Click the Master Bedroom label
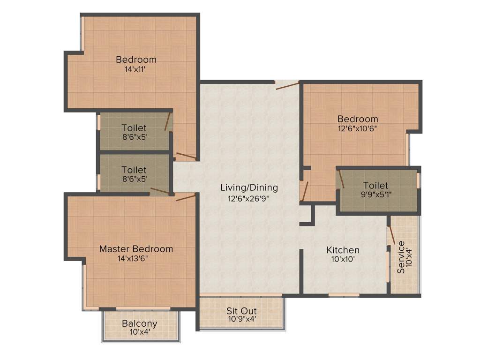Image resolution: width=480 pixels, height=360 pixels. pyautogui.click(x=136, y=249)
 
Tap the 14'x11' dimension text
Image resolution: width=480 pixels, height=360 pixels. pyautogui.click(x=136, y=68)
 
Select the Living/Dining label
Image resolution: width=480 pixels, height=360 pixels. pyautogui.click(x=249, y=187)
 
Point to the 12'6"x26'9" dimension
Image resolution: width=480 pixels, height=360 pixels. pyautogui.click(x=249, y=198)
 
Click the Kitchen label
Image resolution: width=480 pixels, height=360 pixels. pyautogui.click(x=343, y=250)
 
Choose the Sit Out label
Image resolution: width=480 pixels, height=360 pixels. pyautogui.click(x=241, y=311)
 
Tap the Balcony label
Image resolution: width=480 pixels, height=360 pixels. pyautogui.click(x=140, y=323)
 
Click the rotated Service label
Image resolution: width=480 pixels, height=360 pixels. pyautogui.click(x=401, y=257)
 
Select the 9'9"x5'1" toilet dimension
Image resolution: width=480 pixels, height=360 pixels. pyautogui.click(x=375, y=195)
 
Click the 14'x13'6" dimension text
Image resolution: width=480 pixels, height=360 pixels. pyautogui.click(x=136, y=258)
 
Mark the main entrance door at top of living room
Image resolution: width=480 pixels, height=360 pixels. pyautogui.click(x=287, y=85)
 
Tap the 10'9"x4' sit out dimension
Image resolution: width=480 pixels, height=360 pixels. pyautogui.click(x=241, y=320)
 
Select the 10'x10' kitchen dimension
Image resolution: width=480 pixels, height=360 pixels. pyautogui.click(x=343, y=259)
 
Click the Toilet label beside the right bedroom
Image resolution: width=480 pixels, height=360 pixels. pyautogui.click(x=375, y=186)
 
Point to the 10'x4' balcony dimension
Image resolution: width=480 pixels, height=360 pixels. pyautogui.click(x=140, y=332)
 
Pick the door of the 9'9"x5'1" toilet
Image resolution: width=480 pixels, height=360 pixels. pyautogui.click(x=341, y=179)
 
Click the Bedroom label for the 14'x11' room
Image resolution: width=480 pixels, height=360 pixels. pyautogui.click(x=136, y=60)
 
